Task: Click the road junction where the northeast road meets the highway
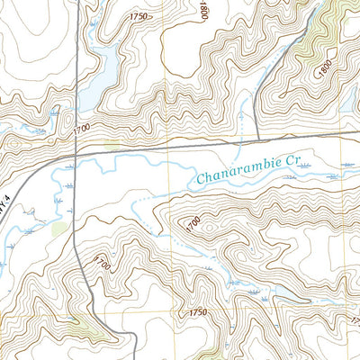pyautogui.click(x=257, y=140)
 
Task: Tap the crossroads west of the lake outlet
pyautogui.click(x=75, y=154)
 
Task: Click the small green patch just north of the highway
pyautogui.click(x=112, y=143)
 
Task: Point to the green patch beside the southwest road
pyautogui.click(x=59, y=229)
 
